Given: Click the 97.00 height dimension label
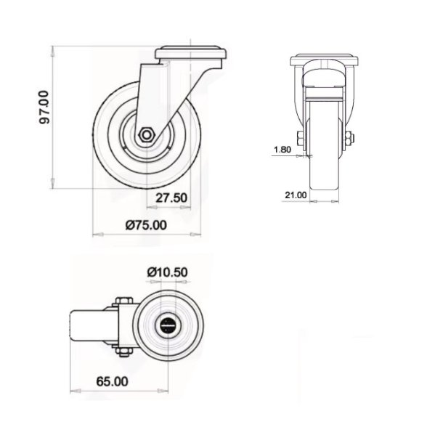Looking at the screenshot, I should pos(44,107).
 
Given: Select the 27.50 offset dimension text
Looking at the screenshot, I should pos(171,198).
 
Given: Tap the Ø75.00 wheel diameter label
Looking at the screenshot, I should pos(145,225).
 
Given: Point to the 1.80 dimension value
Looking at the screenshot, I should pos(283,150).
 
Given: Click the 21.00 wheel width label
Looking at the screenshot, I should pos(294,195).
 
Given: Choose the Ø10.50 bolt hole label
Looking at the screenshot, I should pos(168,272).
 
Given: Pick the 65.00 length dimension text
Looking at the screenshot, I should pos(111,381).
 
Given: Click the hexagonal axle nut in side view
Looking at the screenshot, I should pos(145,134).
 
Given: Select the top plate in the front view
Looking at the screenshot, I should pos(324,60).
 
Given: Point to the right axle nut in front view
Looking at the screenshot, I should pos(351,139).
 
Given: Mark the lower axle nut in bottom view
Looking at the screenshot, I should pos(121,352).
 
